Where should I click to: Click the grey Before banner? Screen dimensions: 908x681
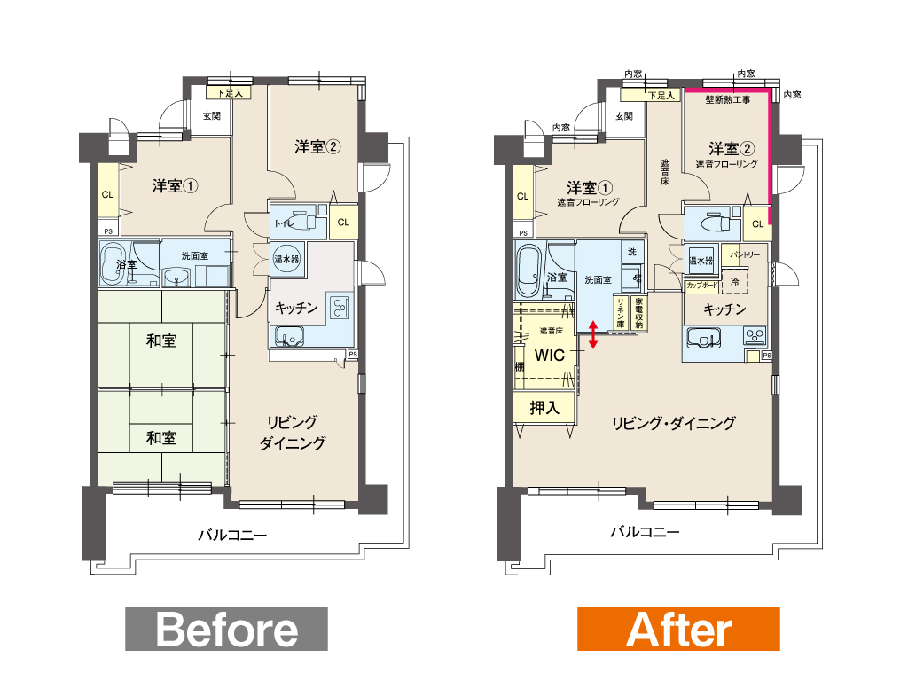(226, 629)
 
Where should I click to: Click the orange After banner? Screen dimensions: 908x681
(678, 629)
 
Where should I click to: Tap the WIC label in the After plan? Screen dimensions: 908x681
(549, 355)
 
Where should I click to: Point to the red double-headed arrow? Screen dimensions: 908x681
(593, 335)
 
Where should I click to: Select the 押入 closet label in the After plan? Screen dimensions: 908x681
(544, 408)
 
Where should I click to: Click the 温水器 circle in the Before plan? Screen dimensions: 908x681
(286, 259)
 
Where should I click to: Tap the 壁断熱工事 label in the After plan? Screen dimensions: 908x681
(727, 99)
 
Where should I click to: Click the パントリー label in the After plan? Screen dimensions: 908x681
(745, 254)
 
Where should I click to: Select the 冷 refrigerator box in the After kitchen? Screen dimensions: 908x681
(735, 282)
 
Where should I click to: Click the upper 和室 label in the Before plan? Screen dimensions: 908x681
(161, 340)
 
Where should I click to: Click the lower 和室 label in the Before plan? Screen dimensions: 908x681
(161, 437)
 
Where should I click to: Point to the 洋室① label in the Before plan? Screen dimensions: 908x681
(175, 186)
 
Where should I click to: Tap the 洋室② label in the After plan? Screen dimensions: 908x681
(732, 149)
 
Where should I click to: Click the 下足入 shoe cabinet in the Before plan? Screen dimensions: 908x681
(230, 92)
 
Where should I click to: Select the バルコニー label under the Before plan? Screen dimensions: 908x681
(233, 535)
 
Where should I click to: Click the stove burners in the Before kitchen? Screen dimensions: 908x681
(340, 307)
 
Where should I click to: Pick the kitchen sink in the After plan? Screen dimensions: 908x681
(703, 338)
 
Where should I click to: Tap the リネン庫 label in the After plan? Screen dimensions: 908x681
(620, 313)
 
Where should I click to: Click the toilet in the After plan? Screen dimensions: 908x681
(713, 222)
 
